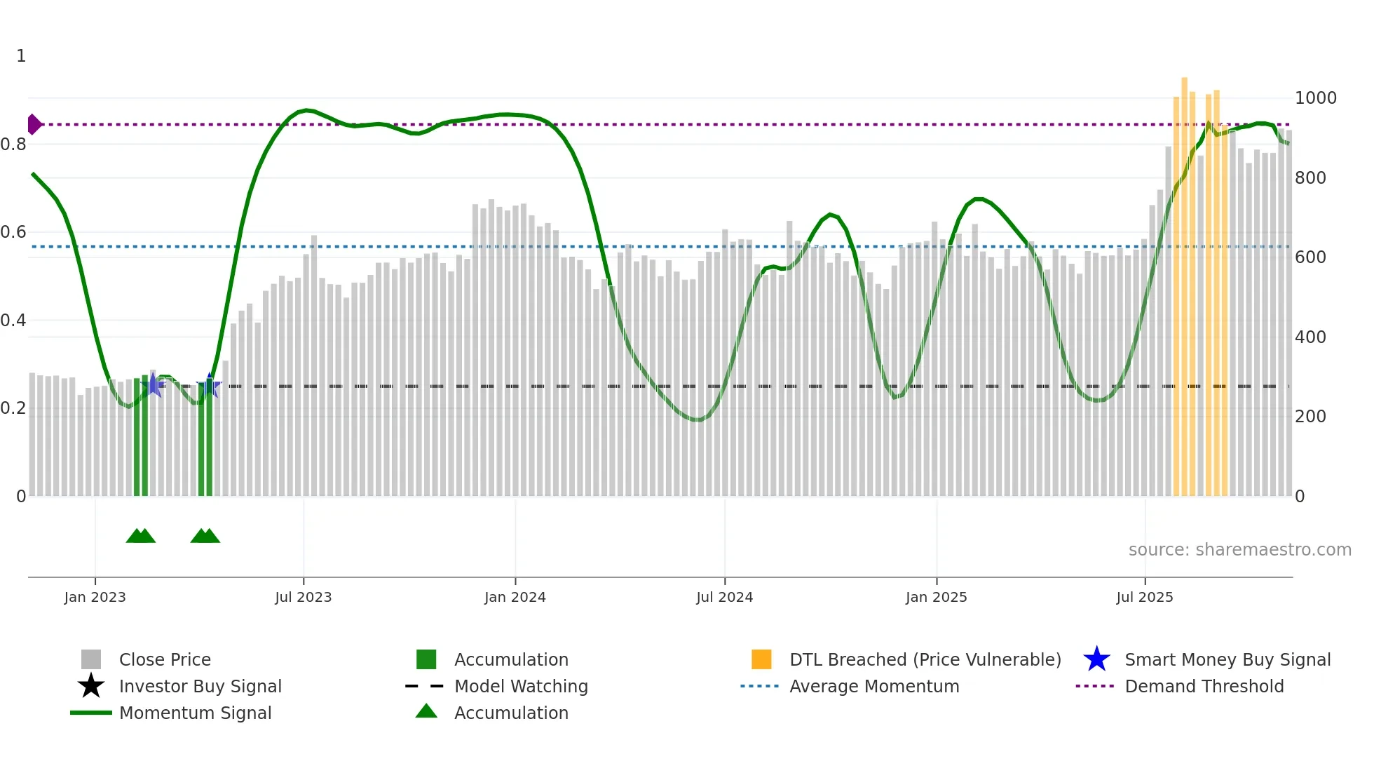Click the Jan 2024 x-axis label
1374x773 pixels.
coord(515,597)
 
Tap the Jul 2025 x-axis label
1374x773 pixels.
coord(1144,597)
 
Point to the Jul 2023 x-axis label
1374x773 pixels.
coord(303,597)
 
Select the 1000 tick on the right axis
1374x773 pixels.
coord(1315,98)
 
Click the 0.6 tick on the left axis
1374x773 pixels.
coord(13,232)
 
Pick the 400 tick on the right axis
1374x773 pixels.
coord(1310,337)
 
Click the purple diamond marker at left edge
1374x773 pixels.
coord(34,124)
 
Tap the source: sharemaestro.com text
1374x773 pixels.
coord(1239,549)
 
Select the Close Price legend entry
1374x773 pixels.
coord(165,659)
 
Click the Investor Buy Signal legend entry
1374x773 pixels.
coord(200,686)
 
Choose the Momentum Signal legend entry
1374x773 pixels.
coord(195,713)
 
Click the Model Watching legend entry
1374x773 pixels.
coord(521,686)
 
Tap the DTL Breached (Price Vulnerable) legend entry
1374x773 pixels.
coord(925,659)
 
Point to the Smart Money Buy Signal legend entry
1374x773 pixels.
coord(1227,659)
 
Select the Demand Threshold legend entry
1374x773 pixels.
coord(1204,686)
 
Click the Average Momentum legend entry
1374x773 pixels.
coord(873,686)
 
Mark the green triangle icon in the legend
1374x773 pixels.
coord(426,711)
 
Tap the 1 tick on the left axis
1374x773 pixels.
coord(21,56)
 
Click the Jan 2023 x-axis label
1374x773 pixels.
coord(95,597)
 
